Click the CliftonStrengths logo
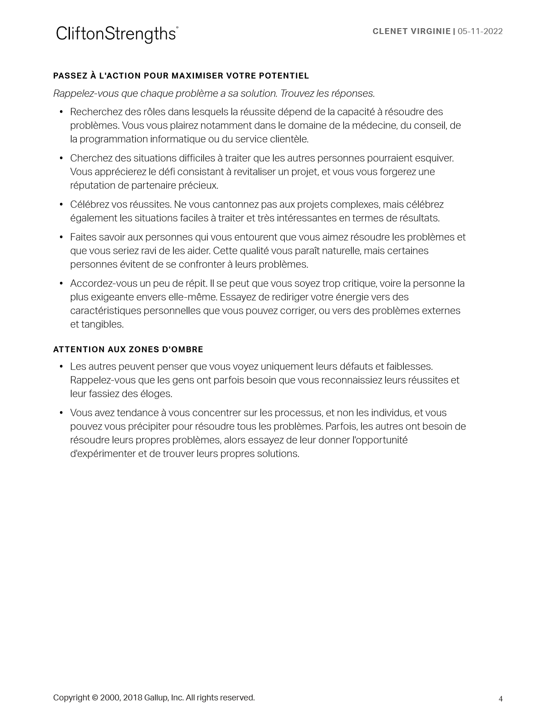117,34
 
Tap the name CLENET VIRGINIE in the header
411,31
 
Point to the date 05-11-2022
480,31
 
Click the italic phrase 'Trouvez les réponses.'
328,94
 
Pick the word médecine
374,126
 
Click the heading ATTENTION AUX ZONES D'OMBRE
128,350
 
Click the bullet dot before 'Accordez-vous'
61,284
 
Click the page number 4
501,699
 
